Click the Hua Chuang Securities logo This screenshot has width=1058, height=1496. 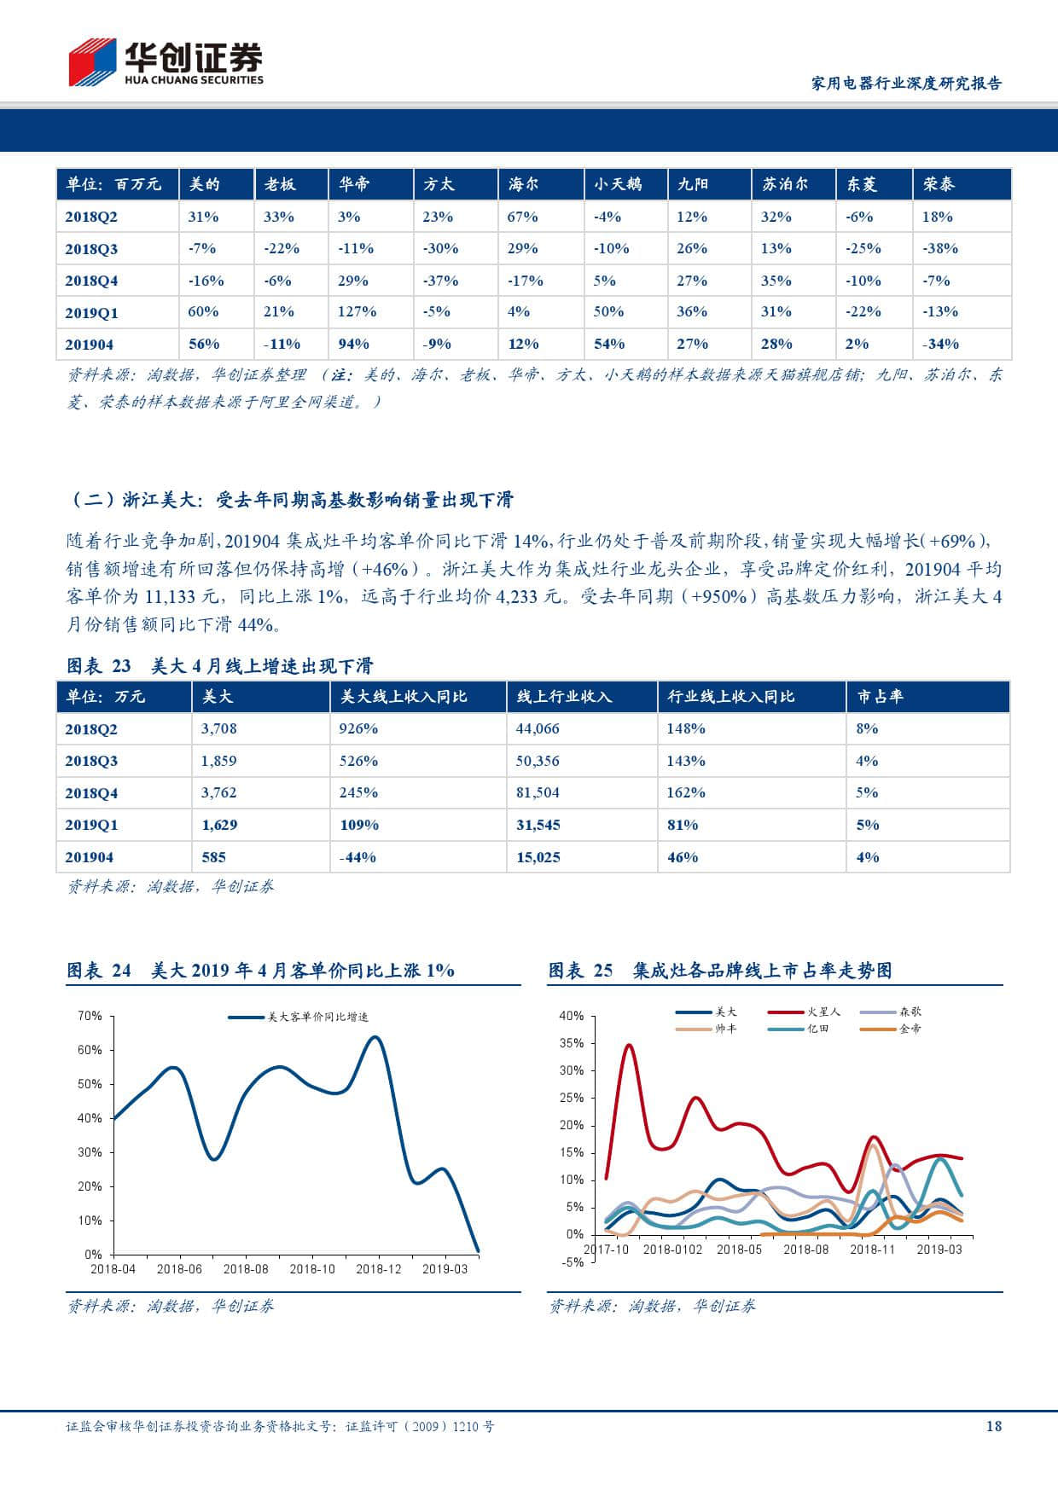point(166,62)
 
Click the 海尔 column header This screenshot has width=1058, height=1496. point(522,184)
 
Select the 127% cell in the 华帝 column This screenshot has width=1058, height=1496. point(357,311)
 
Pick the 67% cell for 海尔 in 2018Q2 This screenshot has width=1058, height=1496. point(522,217)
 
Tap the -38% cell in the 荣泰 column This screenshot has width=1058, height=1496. point(939,248)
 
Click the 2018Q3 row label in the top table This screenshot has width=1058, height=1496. point(91,249)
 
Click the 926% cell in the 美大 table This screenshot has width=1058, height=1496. point(358,728)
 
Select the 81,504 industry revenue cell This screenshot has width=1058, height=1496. point(538,792)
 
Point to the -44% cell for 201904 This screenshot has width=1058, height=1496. point(358,857)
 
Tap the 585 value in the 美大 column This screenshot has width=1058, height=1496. point(213,857)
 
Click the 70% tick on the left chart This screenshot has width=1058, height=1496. point(90,1016)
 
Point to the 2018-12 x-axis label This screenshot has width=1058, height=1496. point(378,1269)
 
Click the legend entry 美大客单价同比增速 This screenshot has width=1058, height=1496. point(299,1017)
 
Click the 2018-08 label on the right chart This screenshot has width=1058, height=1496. point(806,1250)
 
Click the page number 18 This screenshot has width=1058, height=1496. point(993,1426)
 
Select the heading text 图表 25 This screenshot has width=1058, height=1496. point(580,971)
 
